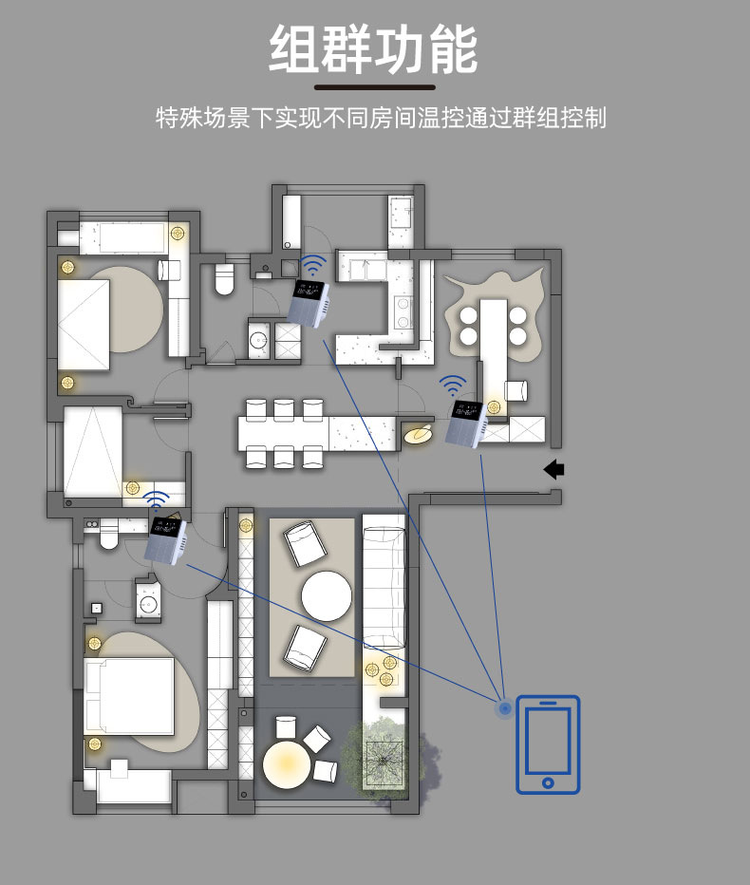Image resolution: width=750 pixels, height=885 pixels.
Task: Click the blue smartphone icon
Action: pyautogui.click(x=548, y=744)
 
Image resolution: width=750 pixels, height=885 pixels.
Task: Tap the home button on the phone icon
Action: pyautogui.click(x=548, y=782)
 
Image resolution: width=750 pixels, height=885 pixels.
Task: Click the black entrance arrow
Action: pyautogui.click(x=553, y=469)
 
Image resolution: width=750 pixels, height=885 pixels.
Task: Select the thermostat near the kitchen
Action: pyautogui.click(x=309, y=304)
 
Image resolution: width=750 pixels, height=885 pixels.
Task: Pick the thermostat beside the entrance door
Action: pyautogui.click(x=465, y=424)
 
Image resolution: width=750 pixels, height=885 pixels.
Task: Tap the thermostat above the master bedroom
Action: pyautogui.click(x=166, y=540)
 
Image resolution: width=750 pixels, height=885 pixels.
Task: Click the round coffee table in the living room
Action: pyautogui.click(x=327, y=596)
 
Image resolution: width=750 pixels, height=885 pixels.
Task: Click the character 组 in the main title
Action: pyautogui.click(x=294, y=49)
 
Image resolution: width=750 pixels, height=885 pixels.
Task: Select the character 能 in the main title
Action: pyautogui.click(x=453, y=49)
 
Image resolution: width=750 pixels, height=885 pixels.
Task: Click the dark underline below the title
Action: pyautogui.click(x=375, y=87)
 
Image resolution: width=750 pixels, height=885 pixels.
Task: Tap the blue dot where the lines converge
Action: pyautogui.click(x=504, y=707)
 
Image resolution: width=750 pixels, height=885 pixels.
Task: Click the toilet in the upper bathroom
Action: pyautogui.click(x=224, y=279)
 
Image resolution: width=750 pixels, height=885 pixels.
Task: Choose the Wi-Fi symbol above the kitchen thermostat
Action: pyautogui.click(x=312, y=265)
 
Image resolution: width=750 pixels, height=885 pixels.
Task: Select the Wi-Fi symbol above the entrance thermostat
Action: pyautogui.click(x=453, y=385)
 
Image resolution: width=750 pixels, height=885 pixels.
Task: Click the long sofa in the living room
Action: pyautogui.click(x=384, y=587)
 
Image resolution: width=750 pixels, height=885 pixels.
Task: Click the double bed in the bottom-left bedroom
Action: pyautogui.click(x=129, y=695)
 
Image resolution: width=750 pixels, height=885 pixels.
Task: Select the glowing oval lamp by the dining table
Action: pyautogui.click(x=419, y=433)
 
